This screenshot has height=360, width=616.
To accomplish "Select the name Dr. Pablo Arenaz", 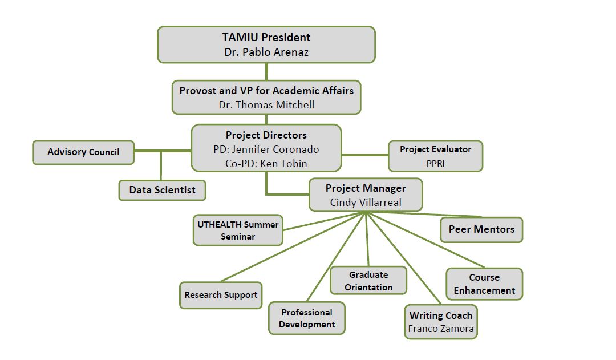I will [x=266, y=52].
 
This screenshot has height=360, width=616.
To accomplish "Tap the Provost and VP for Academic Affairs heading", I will [x=266, y=90].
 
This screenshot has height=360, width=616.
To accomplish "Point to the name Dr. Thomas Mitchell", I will [x=266, y=105].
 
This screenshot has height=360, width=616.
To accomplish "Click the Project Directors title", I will [x=266, y=135].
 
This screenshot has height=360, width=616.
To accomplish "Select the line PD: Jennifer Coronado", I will [x=266, y=149].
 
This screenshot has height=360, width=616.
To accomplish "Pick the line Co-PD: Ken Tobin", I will [x=266, y=164].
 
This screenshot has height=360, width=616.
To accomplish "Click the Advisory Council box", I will [x=83, y=152].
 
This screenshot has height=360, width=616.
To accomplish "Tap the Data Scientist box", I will [x=162, y=190].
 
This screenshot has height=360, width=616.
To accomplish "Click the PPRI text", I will [x=435, y=163].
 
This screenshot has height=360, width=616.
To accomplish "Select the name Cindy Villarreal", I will [x=366, y=203].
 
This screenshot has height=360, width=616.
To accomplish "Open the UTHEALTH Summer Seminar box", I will [x=238, y=230].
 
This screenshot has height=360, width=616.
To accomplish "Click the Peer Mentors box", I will [x=481, y=230].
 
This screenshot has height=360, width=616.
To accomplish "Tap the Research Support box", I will [x=221, y=296].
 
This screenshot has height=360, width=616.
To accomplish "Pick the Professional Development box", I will [x=307, y=318].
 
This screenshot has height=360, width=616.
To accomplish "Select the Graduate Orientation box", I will [x=368, y=281].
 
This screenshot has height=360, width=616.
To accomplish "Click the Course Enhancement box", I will [x=484, y=284].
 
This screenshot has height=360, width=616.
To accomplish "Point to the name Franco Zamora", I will [x=441, y=329].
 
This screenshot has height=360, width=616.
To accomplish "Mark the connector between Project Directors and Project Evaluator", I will [x=365, y=155].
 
